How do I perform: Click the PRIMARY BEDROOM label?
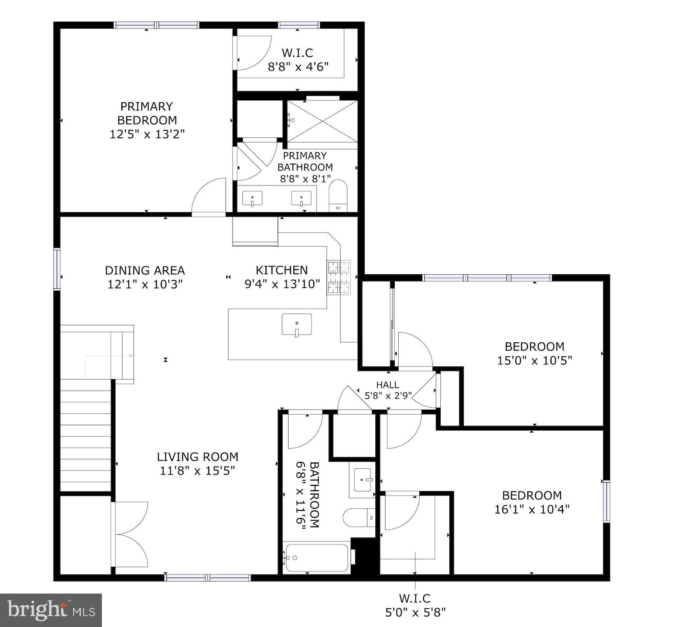tap(147, 113)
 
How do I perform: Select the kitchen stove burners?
tap(339, 277)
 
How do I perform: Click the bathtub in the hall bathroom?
tap(317, 558)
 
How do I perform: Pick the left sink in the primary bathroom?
tap(252, 199)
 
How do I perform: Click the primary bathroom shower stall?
tap(322, 121)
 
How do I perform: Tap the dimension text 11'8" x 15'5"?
tap(197, 471)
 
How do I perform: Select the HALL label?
tap(387, 385)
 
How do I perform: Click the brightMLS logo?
tap(51, 609)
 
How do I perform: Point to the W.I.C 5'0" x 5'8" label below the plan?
tap(415, 606)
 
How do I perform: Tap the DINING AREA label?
tap(145, 270)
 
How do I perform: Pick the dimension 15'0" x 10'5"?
tap(534, 361)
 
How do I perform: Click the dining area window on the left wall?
tap(57, 269)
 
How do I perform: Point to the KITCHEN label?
tap(282, 270)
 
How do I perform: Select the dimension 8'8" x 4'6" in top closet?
tap(298, 67)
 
